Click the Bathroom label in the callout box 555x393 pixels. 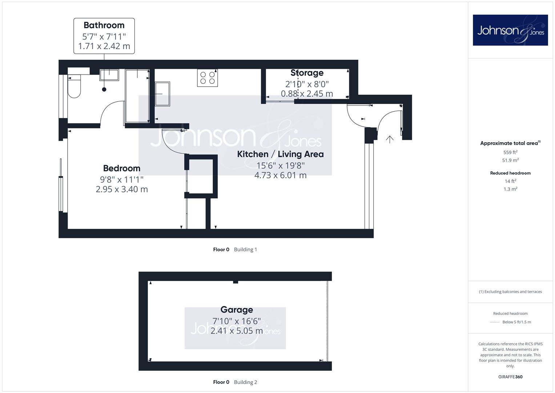click(104, 25)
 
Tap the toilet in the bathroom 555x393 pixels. click(74, 86)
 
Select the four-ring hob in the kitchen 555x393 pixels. click(208, 78)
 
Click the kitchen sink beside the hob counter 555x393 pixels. click(162, 94)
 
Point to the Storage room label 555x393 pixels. click(307, 73)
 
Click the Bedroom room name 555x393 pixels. click(122, 168)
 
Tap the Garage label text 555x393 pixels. click(237, 310)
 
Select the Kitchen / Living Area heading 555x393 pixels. click(281, 154)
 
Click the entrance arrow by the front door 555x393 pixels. click(390, 139)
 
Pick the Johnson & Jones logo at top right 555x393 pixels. click(510, 30)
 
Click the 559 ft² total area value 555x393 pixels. click(510, 152)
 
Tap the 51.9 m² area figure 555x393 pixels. click(510, 160)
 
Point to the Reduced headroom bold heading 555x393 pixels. click(510, 173)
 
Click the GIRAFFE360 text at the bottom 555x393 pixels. click(510, 377)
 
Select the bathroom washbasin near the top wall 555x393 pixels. click(109, 75)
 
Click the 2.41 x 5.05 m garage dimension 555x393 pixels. click(237, 331)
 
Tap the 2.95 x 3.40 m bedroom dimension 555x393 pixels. click(122, 189)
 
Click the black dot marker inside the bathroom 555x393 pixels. click(104, 89)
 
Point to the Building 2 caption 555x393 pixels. click(246, 382)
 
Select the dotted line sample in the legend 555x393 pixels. click(495, 322)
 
